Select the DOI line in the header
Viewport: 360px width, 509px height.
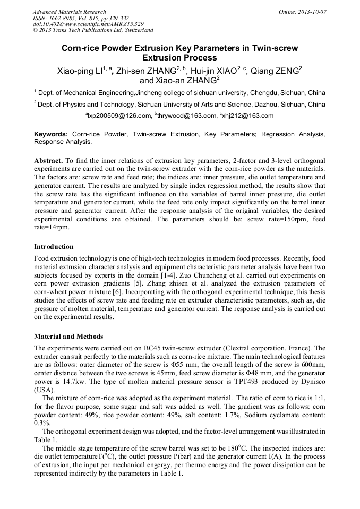click(x=88, y=24)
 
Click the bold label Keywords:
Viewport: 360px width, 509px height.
click(x=51, y=135)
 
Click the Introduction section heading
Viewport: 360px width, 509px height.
click(x=54, y=247)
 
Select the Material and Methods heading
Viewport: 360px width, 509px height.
click(x=68, y=337)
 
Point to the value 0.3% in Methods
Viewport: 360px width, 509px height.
click(x=41, y=423)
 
